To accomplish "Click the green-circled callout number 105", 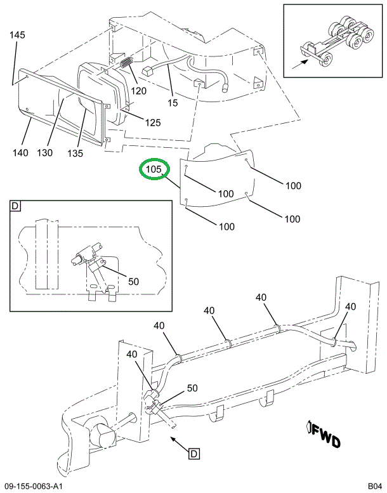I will (x=155, y=170).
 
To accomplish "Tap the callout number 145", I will (x=17, y=35).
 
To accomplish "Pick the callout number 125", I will (x=152, y=122).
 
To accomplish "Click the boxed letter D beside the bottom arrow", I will (x=193, y=453).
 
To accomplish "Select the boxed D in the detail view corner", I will (x=15, y=206).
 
